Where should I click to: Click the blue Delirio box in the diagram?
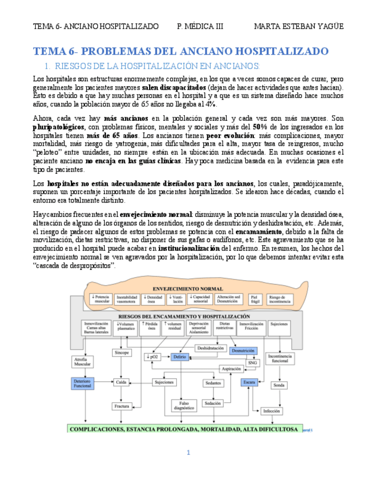(x=180, y=357)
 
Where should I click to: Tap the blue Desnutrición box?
(x=243, y=350)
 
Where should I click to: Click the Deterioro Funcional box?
(x=82, y=383)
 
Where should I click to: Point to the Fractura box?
(x=121, y=406)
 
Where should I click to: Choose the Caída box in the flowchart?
(x=121, y=382)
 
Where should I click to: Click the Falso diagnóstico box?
(x=184, y=406)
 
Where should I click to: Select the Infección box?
(x=271, y=411)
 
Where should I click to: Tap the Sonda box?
(x=279, y=386)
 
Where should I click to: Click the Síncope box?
(x=121, y=352)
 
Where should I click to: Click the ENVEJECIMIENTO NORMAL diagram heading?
(x=188, y=288)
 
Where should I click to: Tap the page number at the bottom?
(x=188, y=453)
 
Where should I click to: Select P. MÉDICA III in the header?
(x=200, y=26)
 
